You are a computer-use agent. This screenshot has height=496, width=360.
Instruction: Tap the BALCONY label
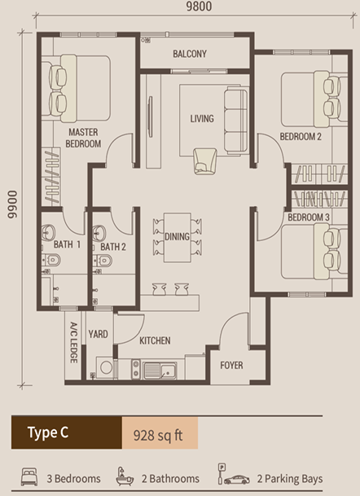189,55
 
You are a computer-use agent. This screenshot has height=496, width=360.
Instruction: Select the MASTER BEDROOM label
83,138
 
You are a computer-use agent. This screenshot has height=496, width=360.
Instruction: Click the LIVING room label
202,119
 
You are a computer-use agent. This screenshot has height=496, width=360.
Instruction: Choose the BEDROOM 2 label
301,137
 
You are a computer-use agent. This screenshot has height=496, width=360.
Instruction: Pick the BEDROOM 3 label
307,217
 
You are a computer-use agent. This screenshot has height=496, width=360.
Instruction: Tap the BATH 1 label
68,245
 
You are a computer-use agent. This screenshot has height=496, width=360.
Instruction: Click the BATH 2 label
113,246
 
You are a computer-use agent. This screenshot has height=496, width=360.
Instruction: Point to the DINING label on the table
177,237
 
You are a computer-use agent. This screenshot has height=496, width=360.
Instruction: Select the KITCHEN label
154,340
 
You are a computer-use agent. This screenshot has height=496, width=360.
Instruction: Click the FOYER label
231,366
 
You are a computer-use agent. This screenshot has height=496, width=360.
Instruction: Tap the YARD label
99,334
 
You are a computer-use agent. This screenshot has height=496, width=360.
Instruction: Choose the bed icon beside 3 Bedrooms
29,477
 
